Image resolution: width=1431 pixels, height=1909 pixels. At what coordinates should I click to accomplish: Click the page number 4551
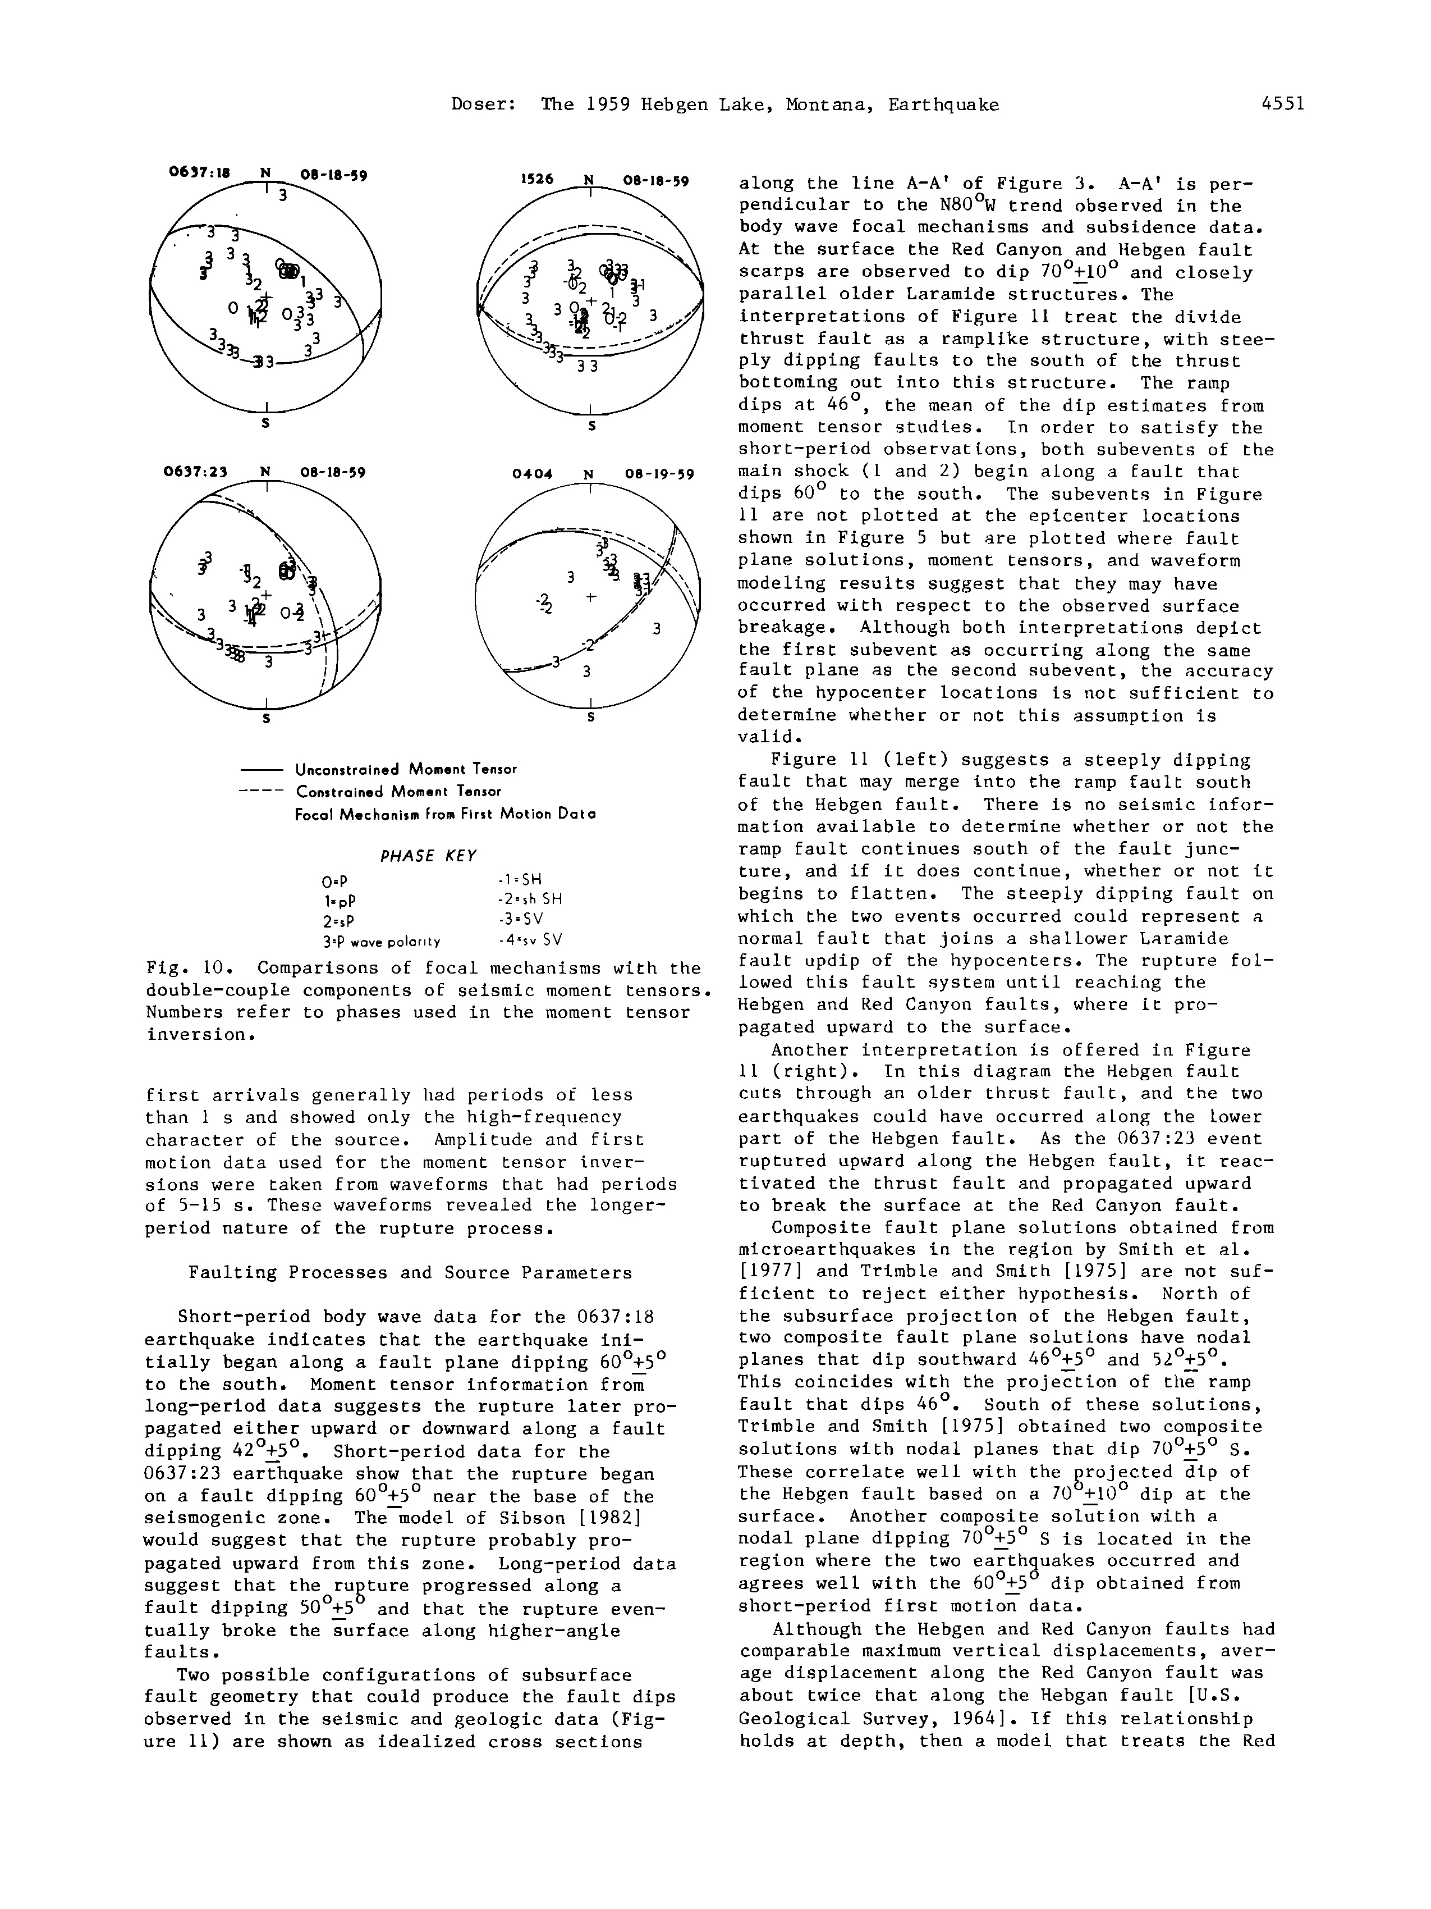[x=1283, y=104]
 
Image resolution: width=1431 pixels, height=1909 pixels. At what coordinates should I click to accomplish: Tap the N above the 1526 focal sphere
[x=589, y=180]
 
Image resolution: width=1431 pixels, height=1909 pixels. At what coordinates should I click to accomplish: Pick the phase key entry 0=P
[x=333, y=882]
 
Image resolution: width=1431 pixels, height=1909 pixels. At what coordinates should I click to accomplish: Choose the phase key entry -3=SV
[x=520, y=919]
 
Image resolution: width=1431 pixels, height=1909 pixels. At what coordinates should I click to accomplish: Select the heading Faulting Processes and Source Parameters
[x=410, y=1273]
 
